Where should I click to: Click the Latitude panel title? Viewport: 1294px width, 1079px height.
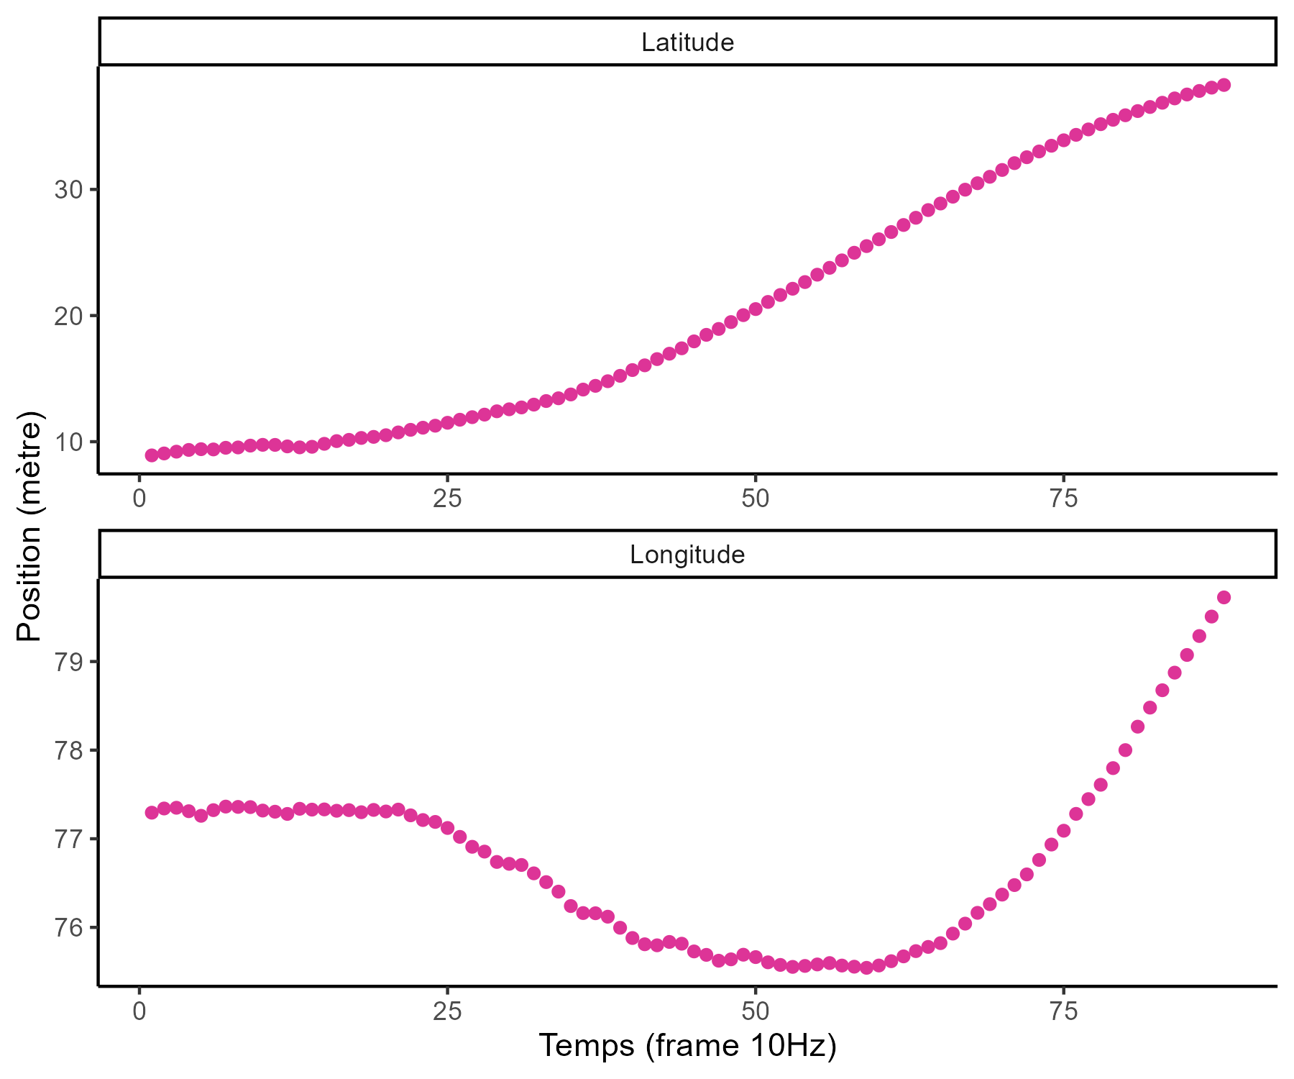[687, 42]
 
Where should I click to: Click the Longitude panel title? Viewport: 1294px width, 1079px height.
[687, 555]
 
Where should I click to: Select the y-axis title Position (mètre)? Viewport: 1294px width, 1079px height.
[30, 527]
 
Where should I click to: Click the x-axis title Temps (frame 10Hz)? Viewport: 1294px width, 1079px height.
[687, 1045]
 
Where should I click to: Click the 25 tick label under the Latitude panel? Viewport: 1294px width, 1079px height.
[447, 498]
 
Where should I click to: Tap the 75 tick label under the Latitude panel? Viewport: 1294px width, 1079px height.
[1063, 498]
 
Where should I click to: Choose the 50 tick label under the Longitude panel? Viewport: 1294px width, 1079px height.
[755, 1011]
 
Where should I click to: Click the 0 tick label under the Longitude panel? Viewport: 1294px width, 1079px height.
[139, 1011]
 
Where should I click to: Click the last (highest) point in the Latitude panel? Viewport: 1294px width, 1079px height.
[1224, 85]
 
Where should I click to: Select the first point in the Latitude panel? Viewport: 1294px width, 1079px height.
[152, 455]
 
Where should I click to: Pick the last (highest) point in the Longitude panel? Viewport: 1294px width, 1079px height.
[1224, 597]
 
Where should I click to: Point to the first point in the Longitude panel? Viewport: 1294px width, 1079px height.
[152, 812]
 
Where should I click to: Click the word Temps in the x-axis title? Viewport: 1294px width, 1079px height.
[586, 1045]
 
